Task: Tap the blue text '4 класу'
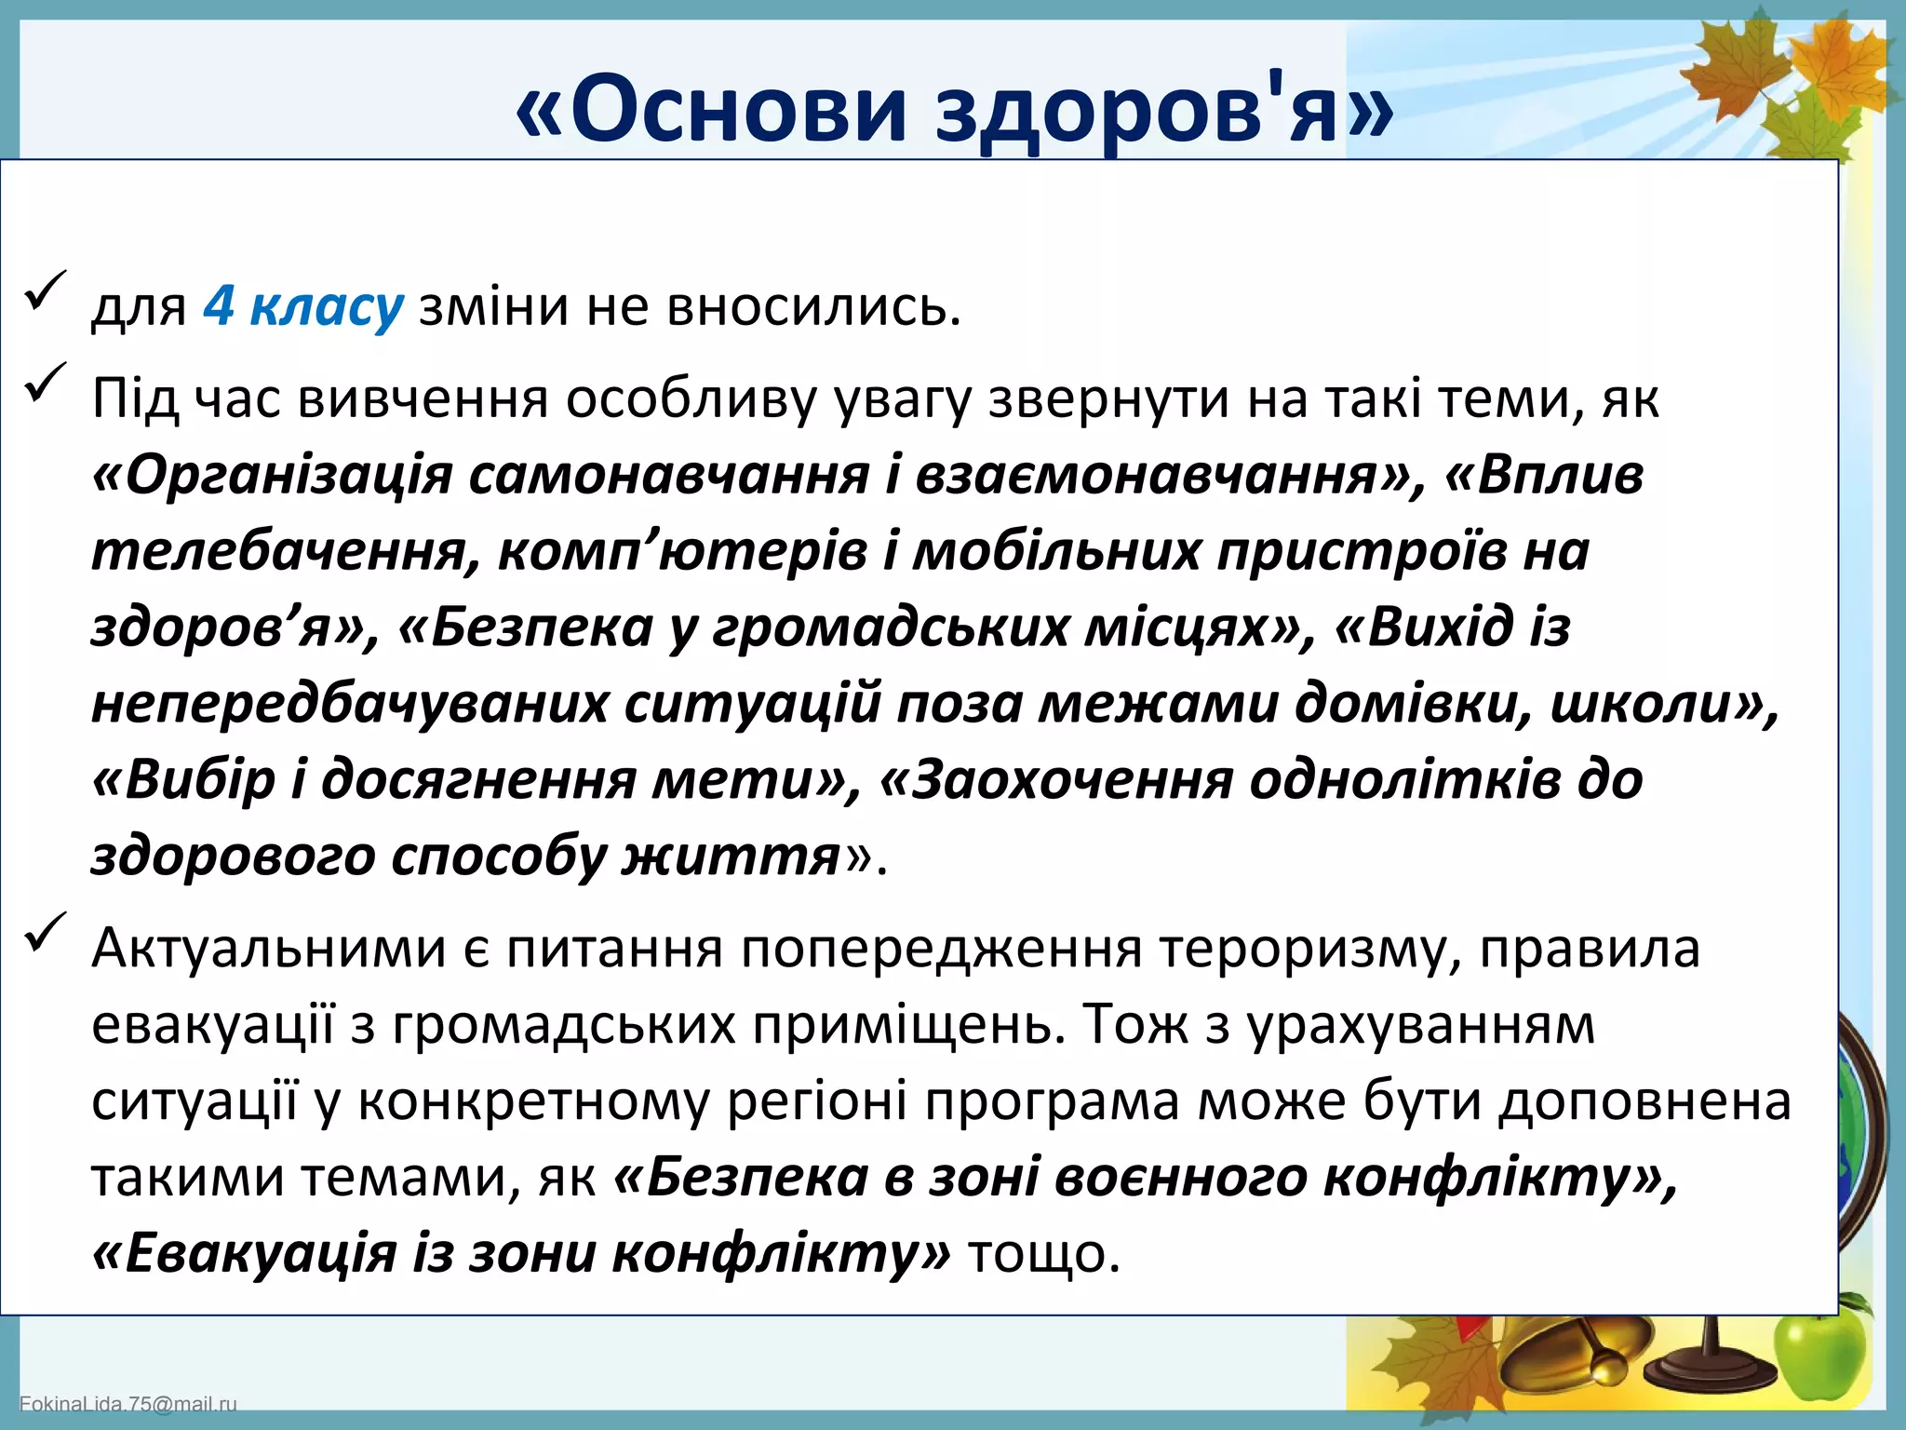click(303, 306)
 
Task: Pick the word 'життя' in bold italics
click(732, 856)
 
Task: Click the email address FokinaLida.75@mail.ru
click(128, 1403)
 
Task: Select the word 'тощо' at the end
click(1042, 1253)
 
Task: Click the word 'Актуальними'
click(269, 949)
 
